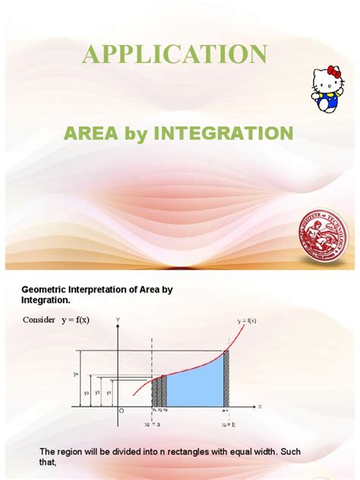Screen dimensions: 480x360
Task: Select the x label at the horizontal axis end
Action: coord(259,407)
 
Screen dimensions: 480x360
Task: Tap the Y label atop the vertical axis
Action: coord(118,318)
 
